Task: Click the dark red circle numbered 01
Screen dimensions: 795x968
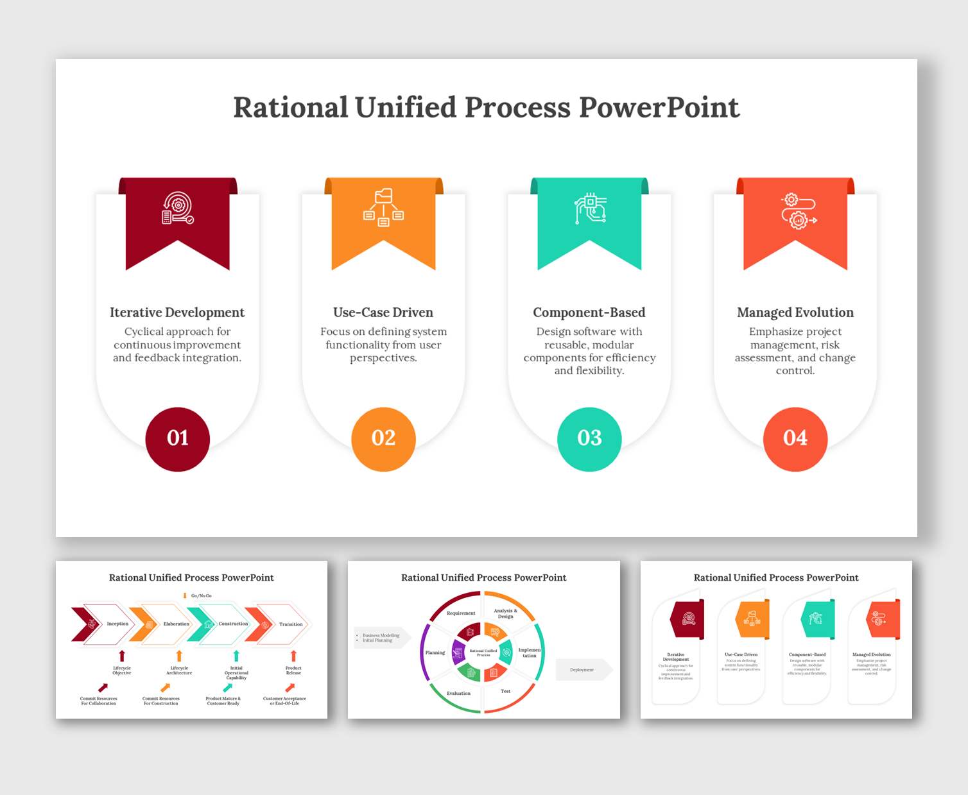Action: (x=178, y=439)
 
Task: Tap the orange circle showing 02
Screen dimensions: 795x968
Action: (x=383, y=439)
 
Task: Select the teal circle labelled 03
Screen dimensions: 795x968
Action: (x=589, y=439)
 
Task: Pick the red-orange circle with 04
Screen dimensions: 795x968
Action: (x=795, y=439)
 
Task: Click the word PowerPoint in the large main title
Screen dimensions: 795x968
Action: (x=659, y=107)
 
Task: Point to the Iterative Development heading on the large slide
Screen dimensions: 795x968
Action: (x=177, y=312)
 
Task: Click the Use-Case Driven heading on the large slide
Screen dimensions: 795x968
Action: (x=383, y=312)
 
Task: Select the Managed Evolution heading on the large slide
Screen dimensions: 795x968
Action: (x=795, y=312)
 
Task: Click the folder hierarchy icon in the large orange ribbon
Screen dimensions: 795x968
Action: (x=384, y=207)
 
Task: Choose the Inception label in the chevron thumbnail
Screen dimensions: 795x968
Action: (x=117, y=624)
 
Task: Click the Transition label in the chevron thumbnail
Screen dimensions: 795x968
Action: (x=291, y=624)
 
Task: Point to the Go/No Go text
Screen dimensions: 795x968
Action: (x=201, y=596)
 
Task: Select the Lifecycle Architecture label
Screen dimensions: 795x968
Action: (x=179, y=671)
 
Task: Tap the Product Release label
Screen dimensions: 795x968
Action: (x=293, y=671)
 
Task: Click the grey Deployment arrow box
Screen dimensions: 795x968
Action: (x=582, y=670)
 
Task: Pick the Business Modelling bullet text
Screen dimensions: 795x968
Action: (x=381, y=635)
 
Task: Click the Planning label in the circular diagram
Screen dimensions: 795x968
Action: (x=435, y=653)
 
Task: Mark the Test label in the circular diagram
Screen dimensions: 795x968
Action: (x=506, y=691)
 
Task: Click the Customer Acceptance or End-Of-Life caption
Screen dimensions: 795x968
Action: (x=284, y=701)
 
